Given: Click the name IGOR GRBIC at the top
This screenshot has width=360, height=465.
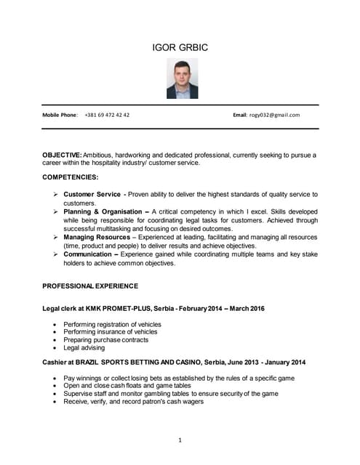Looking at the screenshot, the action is click(x=180, y=49).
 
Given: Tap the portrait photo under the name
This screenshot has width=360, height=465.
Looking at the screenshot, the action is click(x=182, y=79).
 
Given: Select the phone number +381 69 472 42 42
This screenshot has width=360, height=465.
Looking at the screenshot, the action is click(x=107, y=115).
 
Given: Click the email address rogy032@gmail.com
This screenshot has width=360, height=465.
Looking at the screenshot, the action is click(x=274, y=115).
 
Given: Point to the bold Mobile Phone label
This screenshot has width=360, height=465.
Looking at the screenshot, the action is click(x=60, y=115).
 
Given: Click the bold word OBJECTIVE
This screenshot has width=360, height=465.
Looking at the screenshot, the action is click(x=62, y=155).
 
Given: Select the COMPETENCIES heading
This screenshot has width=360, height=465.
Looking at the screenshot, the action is click(x=71, y=177).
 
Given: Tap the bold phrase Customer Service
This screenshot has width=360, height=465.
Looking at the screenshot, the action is click(x=92, y=195).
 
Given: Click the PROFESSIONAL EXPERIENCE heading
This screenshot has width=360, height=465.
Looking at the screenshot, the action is click(x=90, y=286).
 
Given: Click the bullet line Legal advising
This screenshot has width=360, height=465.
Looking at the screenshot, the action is click(x=85, y=348).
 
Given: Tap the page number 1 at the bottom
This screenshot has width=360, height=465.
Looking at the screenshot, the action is click(x=180, y=440).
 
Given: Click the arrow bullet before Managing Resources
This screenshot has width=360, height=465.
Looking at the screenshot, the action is click(x=55, y=238).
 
